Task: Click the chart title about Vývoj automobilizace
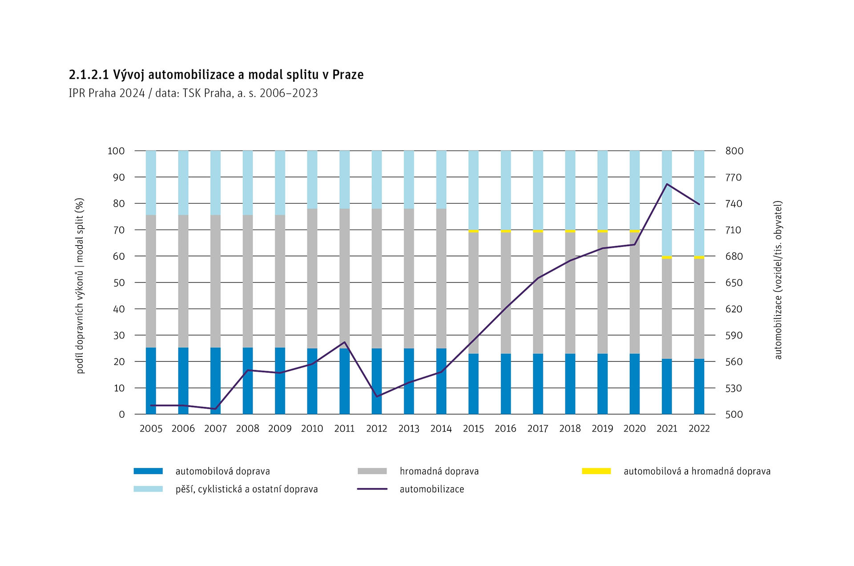216,74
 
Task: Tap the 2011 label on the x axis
344,429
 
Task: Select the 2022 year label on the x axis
699,429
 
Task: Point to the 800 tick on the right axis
734,151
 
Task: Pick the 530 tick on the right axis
734,388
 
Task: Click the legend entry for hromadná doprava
439,471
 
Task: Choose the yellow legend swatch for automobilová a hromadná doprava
596,471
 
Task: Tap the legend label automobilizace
431,489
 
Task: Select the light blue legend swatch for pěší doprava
148,489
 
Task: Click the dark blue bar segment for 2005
151,381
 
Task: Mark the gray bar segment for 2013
409,278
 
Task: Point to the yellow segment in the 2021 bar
667,257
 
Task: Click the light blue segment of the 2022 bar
699,203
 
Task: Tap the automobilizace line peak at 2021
667,184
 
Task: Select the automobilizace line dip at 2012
377,396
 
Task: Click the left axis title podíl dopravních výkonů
80,286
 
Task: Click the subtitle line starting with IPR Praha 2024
193,93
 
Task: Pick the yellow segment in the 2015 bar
473,231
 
